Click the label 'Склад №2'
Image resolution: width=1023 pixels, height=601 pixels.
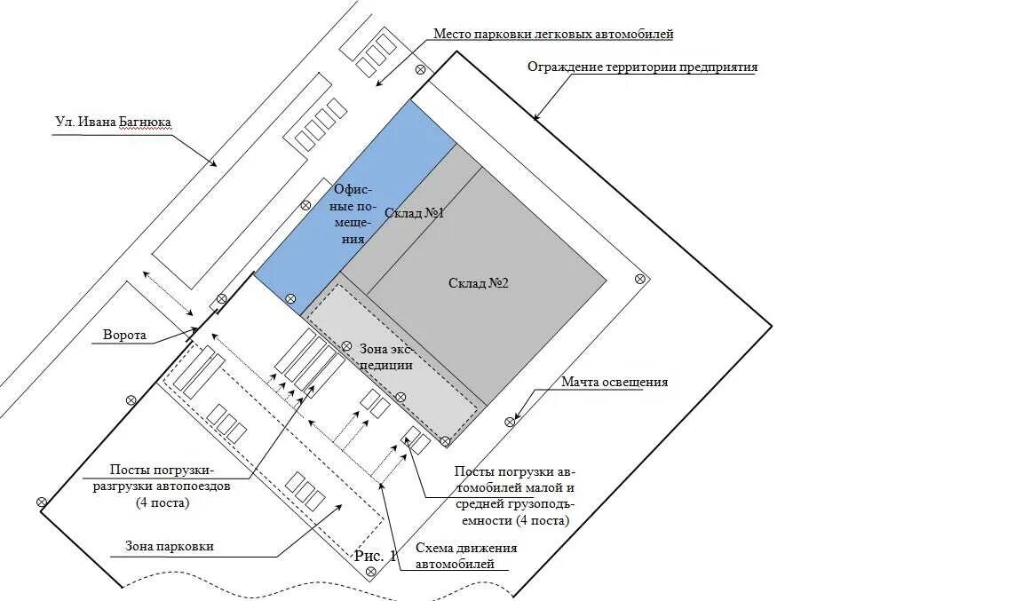click(478, 283)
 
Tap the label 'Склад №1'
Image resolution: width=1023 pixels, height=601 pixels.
click(414, 213)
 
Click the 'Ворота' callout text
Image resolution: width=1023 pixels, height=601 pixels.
click(124, 336)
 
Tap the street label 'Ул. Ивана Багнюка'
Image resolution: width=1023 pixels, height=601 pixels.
click(112, 122)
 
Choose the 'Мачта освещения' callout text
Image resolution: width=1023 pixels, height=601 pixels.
click(614, 383)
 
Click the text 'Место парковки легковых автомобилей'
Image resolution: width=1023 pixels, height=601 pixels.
click(553, 35)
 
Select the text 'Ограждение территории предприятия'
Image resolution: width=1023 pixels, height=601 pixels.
click(642, 67)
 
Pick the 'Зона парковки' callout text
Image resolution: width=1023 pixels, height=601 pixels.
click(162, 547)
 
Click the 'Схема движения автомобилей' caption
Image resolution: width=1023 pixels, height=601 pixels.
click(466, 556)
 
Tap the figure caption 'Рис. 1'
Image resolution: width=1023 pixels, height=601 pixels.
click(374, 556)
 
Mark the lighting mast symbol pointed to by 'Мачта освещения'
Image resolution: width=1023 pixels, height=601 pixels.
click(510, 422)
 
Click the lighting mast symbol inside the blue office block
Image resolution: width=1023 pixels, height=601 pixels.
click(290, 298)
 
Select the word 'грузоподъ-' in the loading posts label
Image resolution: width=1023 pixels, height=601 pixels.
click(511, 504)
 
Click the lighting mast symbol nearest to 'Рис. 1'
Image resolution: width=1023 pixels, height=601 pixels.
click(371, 572)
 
